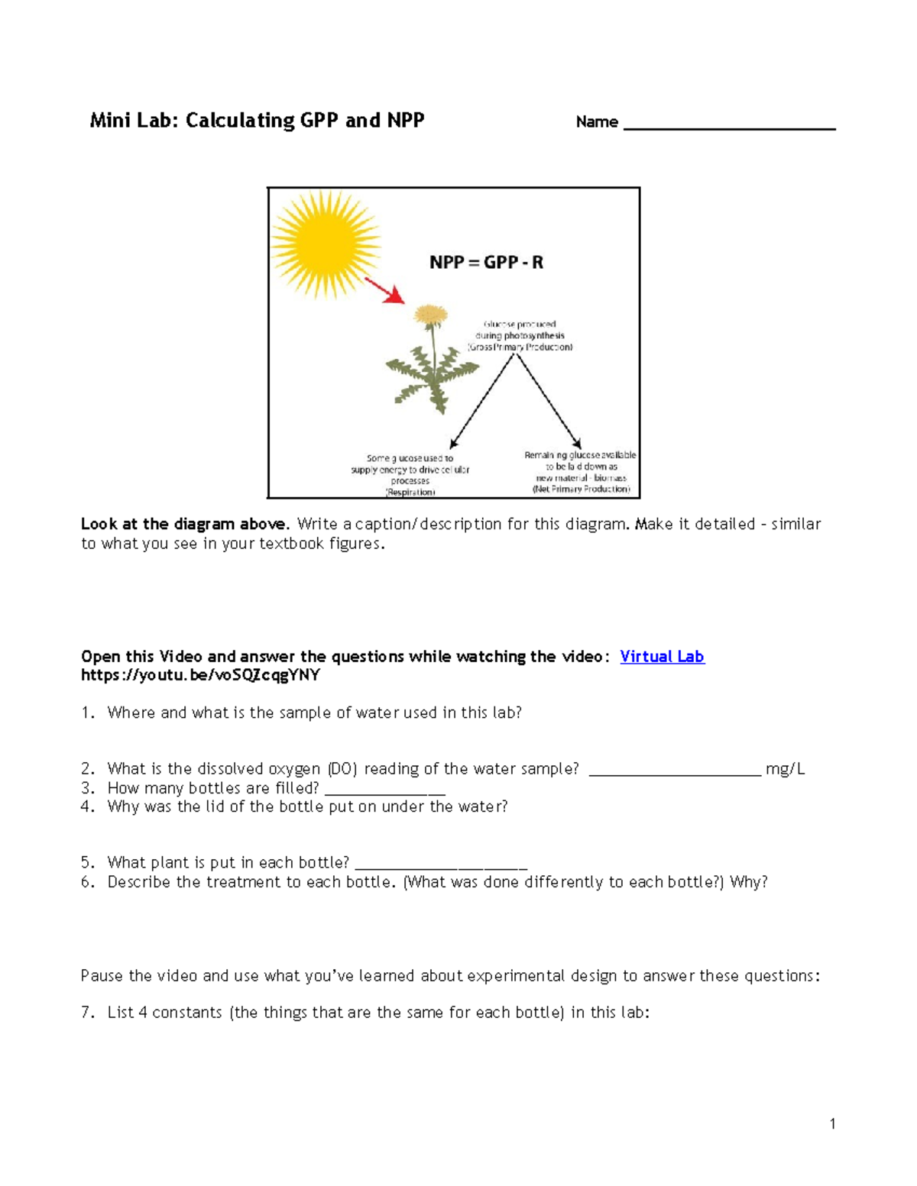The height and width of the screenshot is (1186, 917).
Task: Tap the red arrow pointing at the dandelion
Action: pyautogui.click(x=384, y=291)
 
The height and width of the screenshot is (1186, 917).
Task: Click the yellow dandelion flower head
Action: pyautogui.click(x=430, y=314)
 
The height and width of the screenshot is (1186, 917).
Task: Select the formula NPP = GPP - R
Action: pyautogui.click(x=486, y=263)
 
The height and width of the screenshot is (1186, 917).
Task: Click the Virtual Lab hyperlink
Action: pyautogui.click(x=662, y=657)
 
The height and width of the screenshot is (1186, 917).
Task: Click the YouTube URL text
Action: pyautogui.click(x=200, y=675)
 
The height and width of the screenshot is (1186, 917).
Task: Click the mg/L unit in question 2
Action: pyautogui.click(x=785, y=769)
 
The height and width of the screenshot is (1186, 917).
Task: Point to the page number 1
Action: pyautogui.click(x=832, y=1123)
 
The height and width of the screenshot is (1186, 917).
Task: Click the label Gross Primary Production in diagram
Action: pyautogui.click(x=520, y=347)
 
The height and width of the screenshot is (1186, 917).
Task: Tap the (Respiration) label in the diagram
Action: pyautogui.click(x=410, y=492)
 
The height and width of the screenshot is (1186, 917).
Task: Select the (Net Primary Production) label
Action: pyautogui.click(x=581, y=489)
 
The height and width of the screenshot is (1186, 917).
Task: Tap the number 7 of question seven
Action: pyautogui.click(x=88, y=1013)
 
